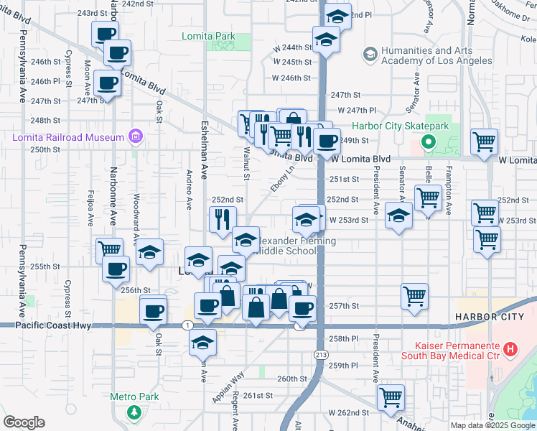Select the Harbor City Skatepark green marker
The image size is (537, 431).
coord(429,142)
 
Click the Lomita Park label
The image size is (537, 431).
coord(209,34)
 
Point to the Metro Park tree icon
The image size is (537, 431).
coord(134,412)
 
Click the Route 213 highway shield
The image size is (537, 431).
coord(319,354)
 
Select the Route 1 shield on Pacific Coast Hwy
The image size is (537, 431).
coord(187,325)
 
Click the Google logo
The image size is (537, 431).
coord(24,422)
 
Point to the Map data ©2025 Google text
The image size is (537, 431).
coord(493,425)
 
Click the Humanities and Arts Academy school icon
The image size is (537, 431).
coord(370,54)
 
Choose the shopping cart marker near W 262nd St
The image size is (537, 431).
coord(391,397)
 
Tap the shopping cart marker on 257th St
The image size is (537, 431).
coord(415,295)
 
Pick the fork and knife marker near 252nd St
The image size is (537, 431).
coord(223,218)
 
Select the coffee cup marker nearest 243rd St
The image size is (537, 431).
coord(106,33)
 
